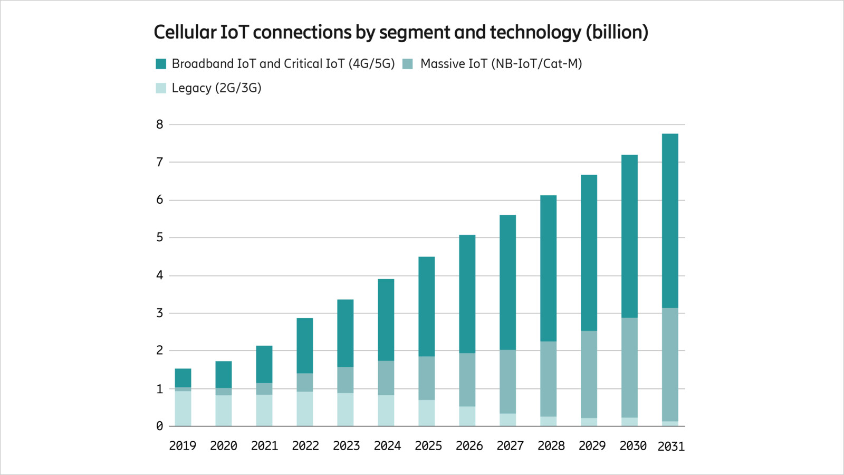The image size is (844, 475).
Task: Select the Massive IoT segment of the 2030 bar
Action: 629,367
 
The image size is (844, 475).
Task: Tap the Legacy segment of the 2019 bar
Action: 183,408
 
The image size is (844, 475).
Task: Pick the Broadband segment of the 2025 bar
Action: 426,306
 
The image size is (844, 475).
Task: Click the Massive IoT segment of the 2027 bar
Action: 507,381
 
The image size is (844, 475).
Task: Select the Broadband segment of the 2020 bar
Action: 224,374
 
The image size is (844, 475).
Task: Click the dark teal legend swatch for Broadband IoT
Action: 161,64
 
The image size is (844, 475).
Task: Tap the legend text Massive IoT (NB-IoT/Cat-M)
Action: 501,64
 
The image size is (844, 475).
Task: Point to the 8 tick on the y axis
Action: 159,125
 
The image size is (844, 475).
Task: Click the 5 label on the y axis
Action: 159,237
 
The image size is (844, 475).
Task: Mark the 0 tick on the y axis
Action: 159,426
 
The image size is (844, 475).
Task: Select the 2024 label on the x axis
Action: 387,446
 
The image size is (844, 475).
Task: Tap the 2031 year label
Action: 670,446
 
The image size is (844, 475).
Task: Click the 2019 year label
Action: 183,446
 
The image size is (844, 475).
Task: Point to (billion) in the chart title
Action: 617,32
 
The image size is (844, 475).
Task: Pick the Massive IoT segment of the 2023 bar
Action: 346,379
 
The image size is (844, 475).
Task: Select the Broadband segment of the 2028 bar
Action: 548,268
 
